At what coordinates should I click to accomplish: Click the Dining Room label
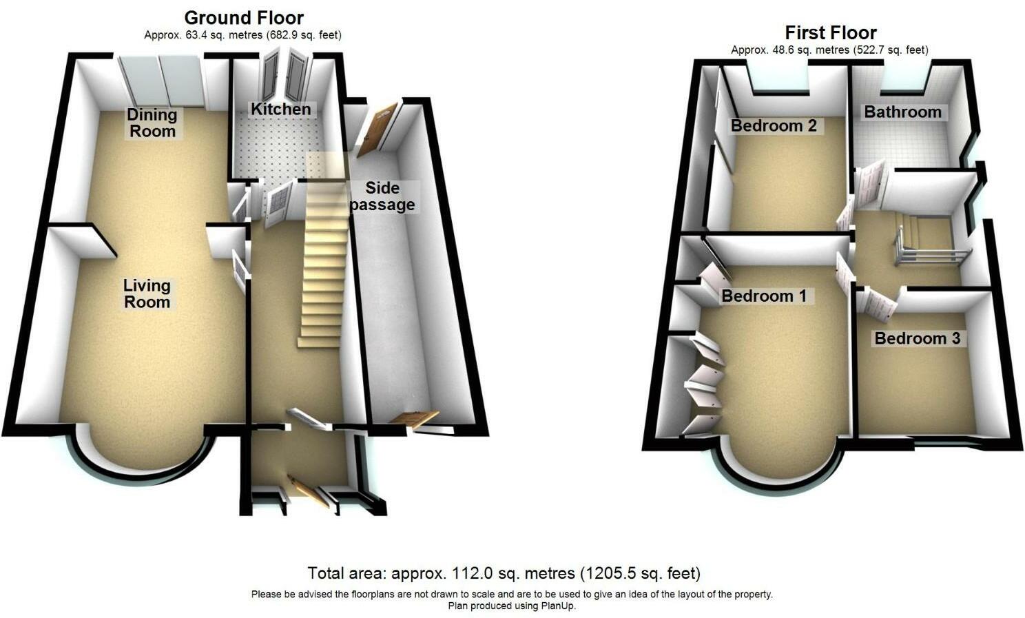152,123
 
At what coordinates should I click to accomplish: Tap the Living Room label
147,293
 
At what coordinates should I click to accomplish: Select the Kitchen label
280,109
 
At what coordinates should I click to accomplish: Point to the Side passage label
382,196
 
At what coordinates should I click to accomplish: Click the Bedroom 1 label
763,296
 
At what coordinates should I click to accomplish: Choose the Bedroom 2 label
774,125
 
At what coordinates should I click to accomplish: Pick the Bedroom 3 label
917,338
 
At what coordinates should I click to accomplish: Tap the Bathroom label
902,112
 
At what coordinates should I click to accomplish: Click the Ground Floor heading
244,17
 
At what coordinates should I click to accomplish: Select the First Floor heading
831,32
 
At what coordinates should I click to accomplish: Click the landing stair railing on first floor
926,251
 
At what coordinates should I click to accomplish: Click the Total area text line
504,573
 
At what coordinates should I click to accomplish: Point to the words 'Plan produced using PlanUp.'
512,606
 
